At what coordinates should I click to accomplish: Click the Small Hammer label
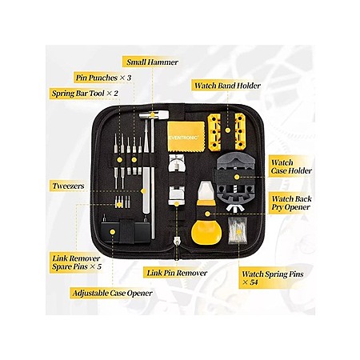pos(152,62)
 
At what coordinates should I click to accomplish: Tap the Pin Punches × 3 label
pos(103,78)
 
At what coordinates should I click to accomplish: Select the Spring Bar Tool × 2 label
pos(85,94)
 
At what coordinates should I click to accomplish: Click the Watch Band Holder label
pos(227,86)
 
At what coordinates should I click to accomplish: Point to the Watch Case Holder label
pos(291,166)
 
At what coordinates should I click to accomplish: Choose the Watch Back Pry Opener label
pos(291,203)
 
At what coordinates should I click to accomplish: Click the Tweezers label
pos(68,186)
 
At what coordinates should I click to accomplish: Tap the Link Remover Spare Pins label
pos(77,262)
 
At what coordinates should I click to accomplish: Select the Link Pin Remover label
pos(177,273)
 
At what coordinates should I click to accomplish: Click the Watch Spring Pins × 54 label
pos(273,278)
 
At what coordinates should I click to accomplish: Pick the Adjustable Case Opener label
pos(112,293)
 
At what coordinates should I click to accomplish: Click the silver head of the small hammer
pos(154,115)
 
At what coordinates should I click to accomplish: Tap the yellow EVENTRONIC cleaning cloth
pos(186,136)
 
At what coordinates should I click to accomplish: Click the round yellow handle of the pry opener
pos(206,231)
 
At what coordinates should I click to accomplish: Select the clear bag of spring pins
pos(238,230)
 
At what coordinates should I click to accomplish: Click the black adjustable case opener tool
pos(125,230)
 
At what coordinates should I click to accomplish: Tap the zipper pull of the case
pos(176,242)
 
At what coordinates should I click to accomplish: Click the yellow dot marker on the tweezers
pos(143,191)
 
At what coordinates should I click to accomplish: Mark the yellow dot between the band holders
pos(228,130)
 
